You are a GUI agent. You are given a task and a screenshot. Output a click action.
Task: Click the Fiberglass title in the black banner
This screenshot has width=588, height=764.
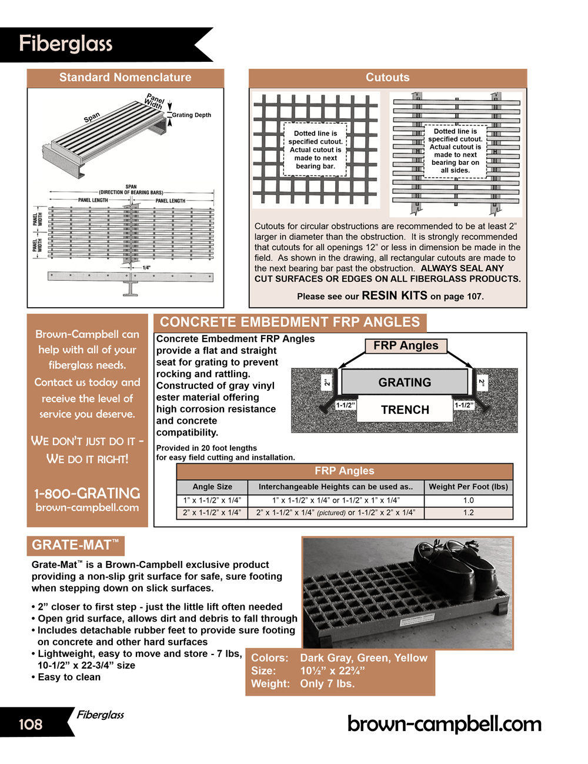pos(65,44)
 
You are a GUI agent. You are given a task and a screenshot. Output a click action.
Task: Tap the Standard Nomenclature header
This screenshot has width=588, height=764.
pos(125,78)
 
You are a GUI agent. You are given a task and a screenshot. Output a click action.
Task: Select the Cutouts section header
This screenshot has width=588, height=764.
pos(387,78)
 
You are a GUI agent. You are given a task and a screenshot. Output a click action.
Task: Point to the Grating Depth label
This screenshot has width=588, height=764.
pos(191,115)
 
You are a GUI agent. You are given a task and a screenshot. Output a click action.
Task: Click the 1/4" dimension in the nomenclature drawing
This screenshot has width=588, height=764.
pos(146,268)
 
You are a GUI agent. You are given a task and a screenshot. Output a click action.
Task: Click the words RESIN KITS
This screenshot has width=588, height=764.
pos(395,295)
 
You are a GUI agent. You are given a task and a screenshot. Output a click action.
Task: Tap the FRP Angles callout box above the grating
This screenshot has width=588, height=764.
pos(406,346)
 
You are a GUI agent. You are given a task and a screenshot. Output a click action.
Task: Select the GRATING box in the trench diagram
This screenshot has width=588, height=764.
pos(405,383)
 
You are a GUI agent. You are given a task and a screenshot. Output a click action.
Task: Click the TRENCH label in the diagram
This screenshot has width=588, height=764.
pos(405,410)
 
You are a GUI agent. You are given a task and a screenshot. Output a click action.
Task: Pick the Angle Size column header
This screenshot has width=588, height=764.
pos(212,487)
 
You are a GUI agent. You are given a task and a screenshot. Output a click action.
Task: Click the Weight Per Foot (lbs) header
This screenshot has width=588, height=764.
pos(468,487)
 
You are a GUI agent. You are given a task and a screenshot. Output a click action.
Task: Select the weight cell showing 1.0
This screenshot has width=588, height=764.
pos(468,500)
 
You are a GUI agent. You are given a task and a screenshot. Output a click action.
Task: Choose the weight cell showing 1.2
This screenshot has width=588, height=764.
pos(468,513)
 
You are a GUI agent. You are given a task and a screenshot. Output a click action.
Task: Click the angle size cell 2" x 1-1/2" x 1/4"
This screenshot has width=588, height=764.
pos(212,513)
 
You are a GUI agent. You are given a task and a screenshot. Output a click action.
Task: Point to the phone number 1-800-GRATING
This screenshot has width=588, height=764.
pos(87,493)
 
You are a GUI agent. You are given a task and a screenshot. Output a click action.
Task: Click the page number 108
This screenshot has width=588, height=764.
pos(31,724)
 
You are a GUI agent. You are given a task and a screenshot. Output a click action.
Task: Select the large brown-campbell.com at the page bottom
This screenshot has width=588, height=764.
pos(445,723)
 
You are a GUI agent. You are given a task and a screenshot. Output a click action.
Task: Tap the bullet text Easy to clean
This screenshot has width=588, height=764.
pos(69,677)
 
